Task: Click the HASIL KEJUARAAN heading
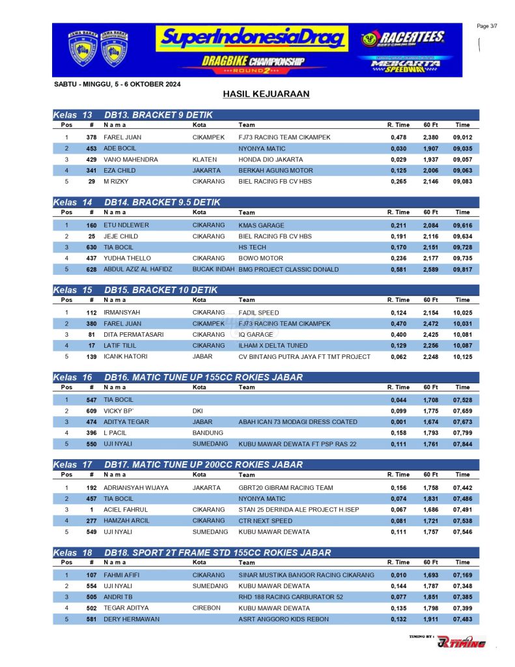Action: (266, 94)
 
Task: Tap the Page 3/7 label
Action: (487, 26)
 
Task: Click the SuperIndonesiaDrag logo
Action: (251, 39)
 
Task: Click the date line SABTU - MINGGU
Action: (117, 84)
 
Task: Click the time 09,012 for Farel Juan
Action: (462, 137)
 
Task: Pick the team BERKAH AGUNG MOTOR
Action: (275, 171)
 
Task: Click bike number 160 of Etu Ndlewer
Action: (91, 225)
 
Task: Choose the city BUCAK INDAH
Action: (213, 269)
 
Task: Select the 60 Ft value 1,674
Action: (430, 422)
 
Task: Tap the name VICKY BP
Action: (118, 411)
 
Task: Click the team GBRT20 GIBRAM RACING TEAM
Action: (285, 488)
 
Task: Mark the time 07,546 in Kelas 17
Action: (462, 532)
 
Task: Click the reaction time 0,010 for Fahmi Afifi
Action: (398, 575)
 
